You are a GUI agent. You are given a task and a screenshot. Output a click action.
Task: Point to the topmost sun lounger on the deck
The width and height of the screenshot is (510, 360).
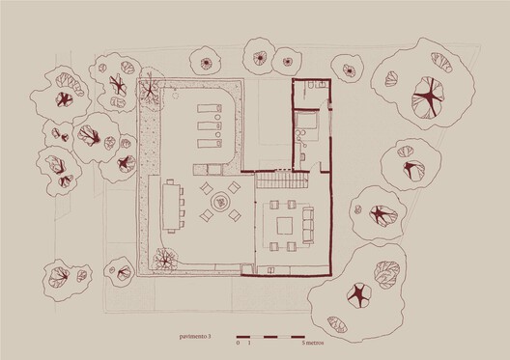tap(211, 108)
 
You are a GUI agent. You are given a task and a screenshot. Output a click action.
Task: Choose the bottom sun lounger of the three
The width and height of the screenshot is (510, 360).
tap(211, 144)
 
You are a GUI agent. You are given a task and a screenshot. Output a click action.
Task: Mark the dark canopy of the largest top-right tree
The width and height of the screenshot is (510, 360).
tap(426, 97)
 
